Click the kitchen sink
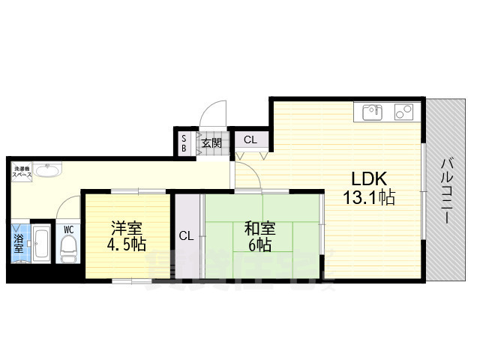pyautogui.click(x=373, y=112)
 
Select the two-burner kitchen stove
pyautogui.click(x=403, y=112)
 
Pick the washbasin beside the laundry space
pyautogui.click(x=47, y=170)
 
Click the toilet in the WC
pyautogui.click(x=69, y=245)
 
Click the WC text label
pyautogui.click(x=68, y=229)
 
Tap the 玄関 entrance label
pyautogui.click(x=211, y=142)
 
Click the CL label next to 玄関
pyautogui.click(x=249, y=139)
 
